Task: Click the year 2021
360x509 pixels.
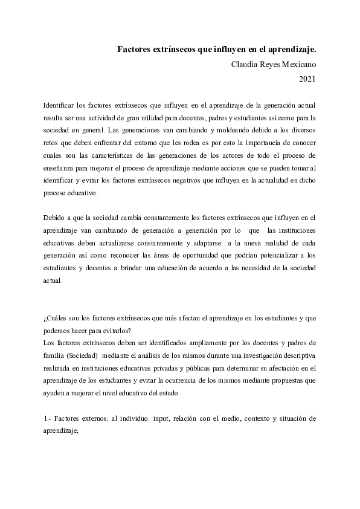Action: coord(307,78)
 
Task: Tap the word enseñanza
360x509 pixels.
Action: coord(62,168)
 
